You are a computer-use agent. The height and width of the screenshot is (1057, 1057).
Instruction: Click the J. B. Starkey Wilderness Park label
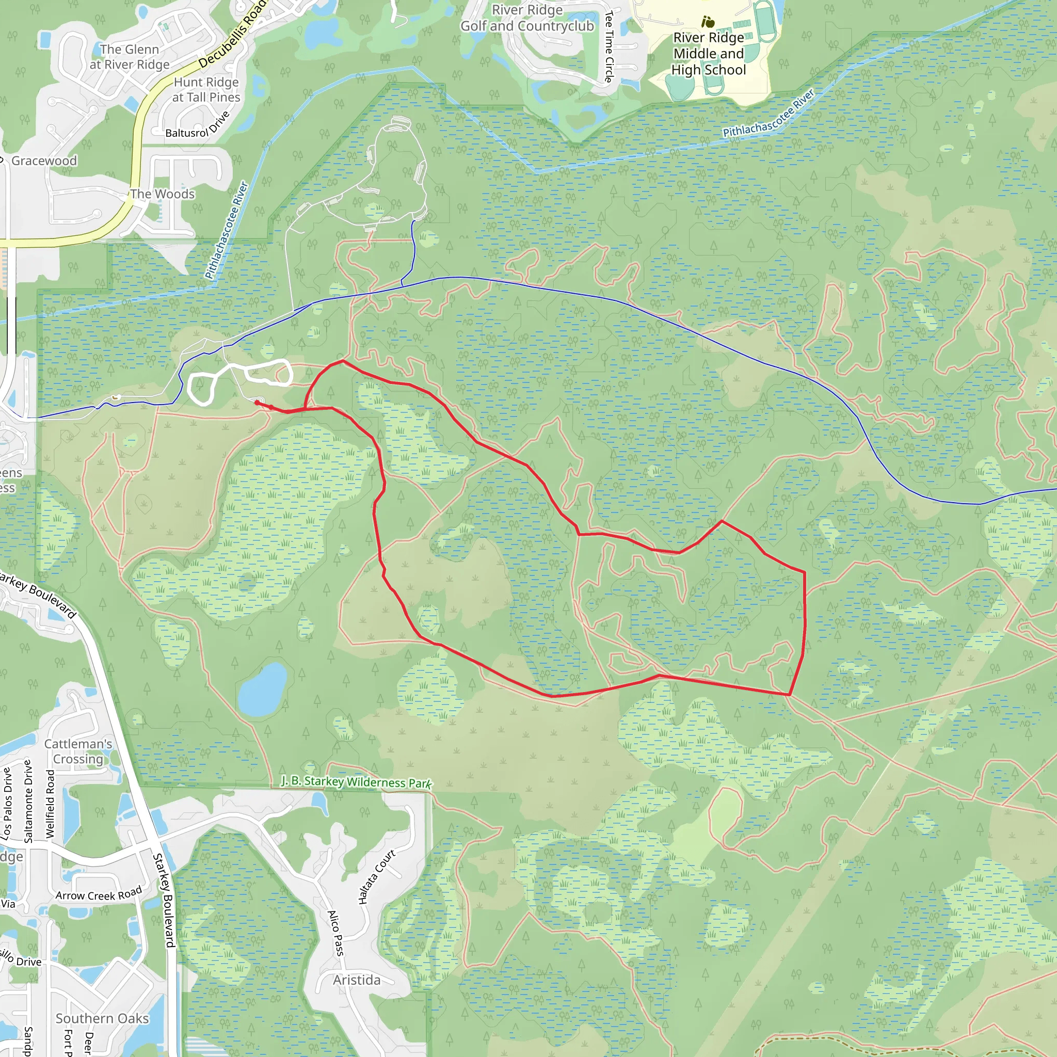click(x=356, y=782)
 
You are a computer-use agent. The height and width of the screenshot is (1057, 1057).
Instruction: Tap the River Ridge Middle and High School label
click(x=709, y=54)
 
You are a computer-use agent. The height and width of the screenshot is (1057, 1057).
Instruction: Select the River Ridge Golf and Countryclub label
click(x=527, y=18)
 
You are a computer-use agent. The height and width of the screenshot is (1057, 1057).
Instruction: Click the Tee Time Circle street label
click(x=609, y=47)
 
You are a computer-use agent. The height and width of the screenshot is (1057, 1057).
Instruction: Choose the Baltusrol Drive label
click(x=198, y=125)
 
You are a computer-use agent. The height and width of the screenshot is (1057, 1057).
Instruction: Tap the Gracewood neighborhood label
click(x=44, y=161)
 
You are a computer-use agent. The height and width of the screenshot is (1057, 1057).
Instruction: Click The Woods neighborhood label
click(x=162, y=194)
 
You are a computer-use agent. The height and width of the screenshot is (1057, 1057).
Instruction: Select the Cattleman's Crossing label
click(x=78, y=751)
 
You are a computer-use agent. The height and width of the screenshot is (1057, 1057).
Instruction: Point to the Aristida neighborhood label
click(x=356, y=980)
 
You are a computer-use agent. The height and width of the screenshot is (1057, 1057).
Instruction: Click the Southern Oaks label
click(x=102, y=1019)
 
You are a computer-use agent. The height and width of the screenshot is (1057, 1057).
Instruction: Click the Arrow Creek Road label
click(x=99, y=894)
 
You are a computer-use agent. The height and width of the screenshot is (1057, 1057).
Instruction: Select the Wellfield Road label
click(x=51, y=804)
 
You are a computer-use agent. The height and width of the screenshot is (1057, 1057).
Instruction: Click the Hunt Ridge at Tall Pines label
click(x=206, y=90)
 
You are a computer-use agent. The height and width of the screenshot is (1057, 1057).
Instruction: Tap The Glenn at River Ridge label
click(x=130, y=57)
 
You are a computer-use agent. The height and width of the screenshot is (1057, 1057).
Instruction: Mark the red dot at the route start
click(x=257, y=403)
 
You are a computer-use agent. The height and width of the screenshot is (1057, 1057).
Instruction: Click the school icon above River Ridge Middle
click(x=708, y=22)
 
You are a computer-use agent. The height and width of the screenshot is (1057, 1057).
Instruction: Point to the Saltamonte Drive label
click(x=28, y=801)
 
